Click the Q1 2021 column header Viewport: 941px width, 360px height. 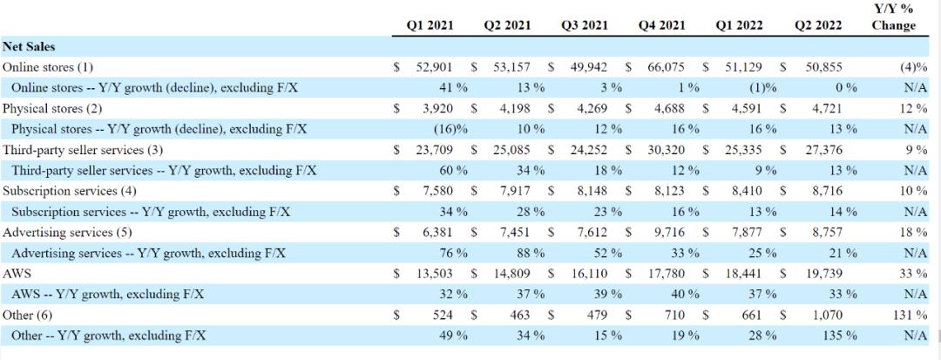coord(431,25)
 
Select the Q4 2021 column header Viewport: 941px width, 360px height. coord(662,25)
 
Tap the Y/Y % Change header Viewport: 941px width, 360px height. coord(893,17)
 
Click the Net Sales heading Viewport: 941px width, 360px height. coord(29,47)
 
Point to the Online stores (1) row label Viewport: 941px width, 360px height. coord(48,67)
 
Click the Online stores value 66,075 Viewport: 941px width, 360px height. coord(666,67)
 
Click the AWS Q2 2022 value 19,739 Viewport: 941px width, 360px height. coord(820,274)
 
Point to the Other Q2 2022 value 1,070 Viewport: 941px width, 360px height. coord(823,315)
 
